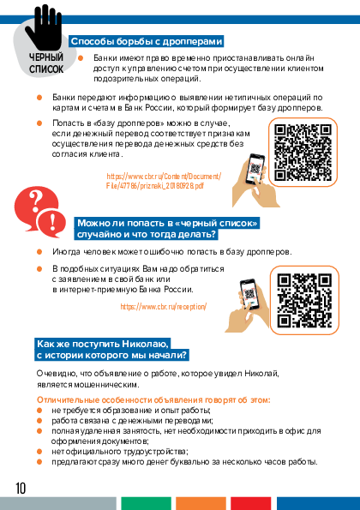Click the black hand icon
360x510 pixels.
[45, 27]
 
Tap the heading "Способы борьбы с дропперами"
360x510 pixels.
[147, 42]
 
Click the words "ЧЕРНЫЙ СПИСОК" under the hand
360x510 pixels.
[46, 63]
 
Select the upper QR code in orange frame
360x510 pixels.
[303, 153]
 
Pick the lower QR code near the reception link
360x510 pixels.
[304, 300]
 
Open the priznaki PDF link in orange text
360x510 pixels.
[164, 181]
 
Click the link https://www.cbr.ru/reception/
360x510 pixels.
[163, 306]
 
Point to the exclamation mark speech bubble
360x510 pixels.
[51, 222]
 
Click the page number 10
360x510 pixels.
[21, 489]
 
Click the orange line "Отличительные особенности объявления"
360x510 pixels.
[153, 399]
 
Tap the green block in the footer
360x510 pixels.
[146, 503]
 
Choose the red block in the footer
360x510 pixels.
[251, 503]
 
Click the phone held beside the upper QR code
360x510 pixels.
[256, 170]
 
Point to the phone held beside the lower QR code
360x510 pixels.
[249, 295]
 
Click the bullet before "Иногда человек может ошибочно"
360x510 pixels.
[39, 252]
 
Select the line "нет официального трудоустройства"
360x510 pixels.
[120, 452]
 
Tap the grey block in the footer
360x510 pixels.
[58, 503]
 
